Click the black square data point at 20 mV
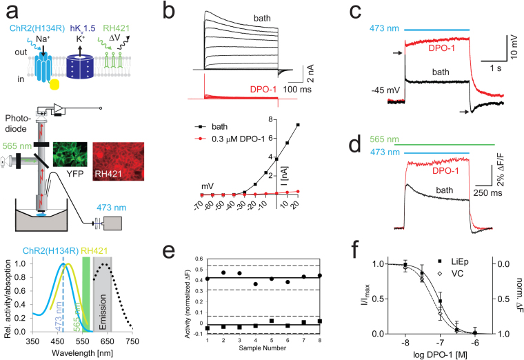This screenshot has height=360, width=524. click(x=297, y=125)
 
